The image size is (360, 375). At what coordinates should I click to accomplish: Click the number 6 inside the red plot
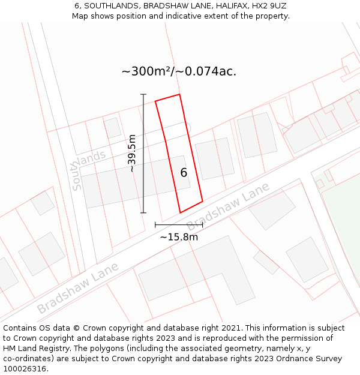tap(184, 173)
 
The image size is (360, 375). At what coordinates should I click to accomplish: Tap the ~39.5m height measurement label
tap(132, 154)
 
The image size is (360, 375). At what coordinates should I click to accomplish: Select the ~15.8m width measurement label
tap(179, 236)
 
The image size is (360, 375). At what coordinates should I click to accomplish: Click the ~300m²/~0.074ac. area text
tap(179, 71)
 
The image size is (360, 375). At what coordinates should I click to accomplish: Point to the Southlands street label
tap(88, 169)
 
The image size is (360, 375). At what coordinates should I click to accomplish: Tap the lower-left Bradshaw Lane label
tap(78, 287)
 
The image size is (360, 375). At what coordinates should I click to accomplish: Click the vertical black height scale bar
tap(143, 154)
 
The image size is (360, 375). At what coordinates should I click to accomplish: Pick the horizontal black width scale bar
tap(179, 225)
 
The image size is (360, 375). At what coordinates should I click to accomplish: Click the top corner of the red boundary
tap(179, 94)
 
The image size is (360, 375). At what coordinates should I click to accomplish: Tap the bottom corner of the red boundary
tap(180, 212)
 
